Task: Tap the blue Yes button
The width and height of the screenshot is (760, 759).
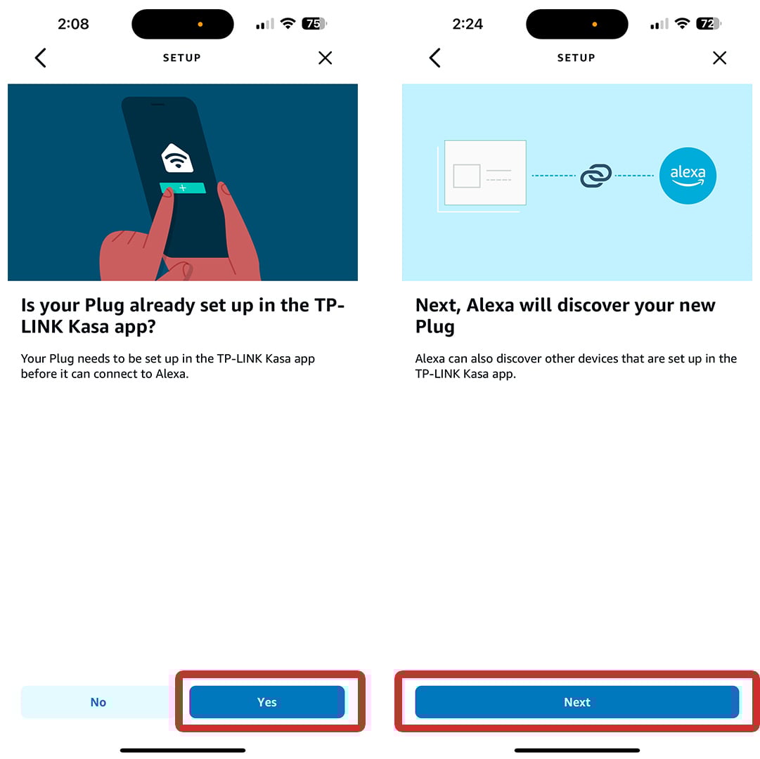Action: point(266,701)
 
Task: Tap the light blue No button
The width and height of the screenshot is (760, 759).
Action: point(98,701)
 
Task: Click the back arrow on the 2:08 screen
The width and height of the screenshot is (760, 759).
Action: point(41,58)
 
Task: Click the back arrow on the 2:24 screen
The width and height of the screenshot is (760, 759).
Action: point(434,58)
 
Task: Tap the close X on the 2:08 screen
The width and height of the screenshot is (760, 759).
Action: point(326,58)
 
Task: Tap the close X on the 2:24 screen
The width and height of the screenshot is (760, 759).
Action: point(719,58)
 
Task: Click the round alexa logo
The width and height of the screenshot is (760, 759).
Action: point(688,175)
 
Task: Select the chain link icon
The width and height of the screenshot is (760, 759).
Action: point(595,175)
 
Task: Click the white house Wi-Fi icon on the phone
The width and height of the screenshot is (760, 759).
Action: point(177,158)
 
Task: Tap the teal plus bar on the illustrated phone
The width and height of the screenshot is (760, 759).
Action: point(183,188)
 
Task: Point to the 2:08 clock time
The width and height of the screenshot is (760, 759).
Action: point(73,24)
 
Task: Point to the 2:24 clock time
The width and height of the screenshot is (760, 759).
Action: point(468,24)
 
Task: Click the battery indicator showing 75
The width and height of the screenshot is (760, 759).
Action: point(314,23)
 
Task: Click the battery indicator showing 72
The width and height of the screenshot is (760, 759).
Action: point(709,23)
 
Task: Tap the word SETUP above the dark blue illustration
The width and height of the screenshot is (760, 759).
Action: point(182,58)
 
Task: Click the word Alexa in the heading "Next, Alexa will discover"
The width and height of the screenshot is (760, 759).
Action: point(490,305)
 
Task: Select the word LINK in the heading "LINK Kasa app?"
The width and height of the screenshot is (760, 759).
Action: point(42,327)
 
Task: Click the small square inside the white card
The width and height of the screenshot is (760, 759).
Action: point(467,176)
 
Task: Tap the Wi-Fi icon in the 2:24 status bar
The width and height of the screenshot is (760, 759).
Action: point(682,22)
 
